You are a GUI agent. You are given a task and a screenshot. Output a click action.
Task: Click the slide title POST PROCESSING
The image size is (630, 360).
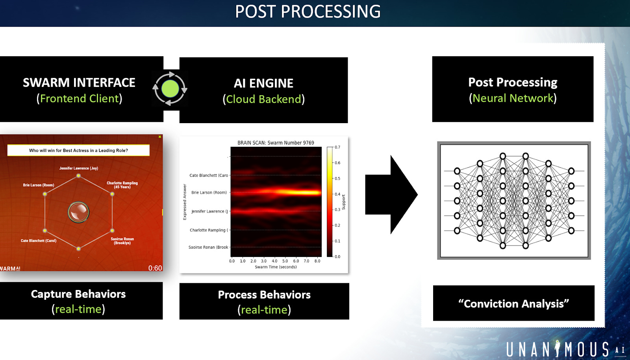[308, 12]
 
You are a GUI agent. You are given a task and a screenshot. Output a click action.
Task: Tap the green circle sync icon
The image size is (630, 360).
[170, 89]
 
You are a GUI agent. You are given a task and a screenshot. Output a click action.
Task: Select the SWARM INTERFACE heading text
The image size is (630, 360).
[79, 83]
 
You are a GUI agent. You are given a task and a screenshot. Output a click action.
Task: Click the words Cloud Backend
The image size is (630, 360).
[263, 99]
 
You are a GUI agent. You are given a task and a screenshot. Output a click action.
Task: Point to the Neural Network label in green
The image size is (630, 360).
[513, 98]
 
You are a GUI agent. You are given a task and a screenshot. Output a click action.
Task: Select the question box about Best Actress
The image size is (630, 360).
[78, 150]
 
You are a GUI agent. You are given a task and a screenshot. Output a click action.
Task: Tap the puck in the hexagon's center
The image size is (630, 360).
[79, 212]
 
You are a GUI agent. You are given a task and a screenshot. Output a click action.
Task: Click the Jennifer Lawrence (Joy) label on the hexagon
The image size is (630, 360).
[79, 168]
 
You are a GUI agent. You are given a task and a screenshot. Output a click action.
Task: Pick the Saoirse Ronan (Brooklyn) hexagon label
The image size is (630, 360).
[122, 241]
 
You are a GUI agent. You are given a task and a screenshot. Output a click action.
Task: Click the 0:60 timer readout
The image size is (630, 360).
[155, 268]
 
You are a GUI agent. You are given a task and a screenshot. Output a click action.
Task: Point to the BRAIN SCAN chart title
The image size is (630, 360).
[276, 143]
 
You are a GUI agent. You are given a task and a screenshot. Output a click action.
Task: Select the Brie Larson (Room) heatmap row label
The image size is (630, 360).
[209, 192]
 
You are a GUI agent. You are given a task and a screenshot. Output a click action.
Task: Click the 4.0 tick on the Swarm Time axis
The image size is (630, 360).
[274, 261]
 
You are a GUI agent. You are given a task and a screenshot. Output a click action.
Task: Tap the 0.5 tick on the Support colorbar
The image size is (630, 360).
[337, 178]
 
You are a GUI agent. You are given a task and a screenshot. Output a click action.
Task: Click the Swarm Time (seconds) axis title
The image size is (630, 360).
[276, 267]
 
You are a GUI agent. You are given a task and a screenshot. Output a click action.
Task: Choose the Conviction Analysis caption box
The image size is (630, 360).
[513, 303]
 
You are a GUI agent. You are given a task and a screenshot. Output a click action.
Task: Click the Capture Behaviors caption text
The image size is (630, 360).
[78, 294]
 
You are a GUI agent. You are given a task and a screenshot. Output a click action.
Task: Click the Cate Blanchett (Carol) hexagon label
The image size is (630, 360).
[39, 241]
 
